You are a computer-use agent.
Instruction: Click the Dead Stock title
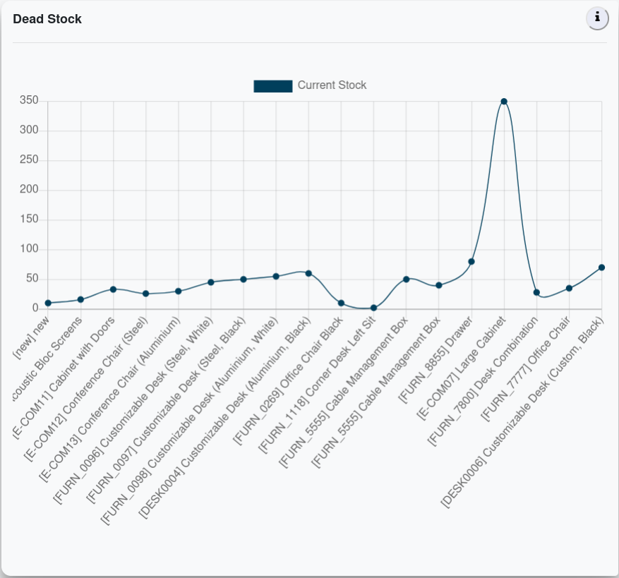tap(47, 19)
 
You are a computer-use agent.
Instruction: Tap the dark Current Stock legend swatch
tap(272, 86)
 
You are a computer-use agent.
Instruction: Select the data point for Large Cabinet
tap(504, 102)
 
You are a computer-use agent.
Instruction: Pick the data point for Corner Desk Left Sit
tap(373, 308)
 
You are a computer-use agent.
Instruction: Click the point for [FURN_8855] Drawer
tap(471, 262)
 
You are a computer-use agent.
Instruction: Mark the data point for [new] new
tap(48, 303)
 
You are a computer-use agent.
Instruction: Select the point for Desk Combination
tap(536, 292)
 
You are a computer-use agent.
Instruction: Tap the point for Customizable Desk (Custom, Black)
tap(601, 267)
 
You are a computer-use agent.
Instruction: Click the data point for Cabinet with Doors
tap(113, 289)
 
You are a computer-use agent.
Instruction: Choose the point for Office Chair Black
tap(341, 303)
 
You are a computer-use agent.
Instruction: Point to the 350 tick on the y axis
tap(29, 101)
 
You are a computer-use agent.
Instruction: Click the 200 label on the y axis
tap(29, 190)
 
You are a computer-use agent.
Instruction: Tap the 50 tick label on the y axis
tap(32, 279)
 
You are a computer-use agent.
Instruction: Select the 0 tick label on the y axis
tap(35, 308)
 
